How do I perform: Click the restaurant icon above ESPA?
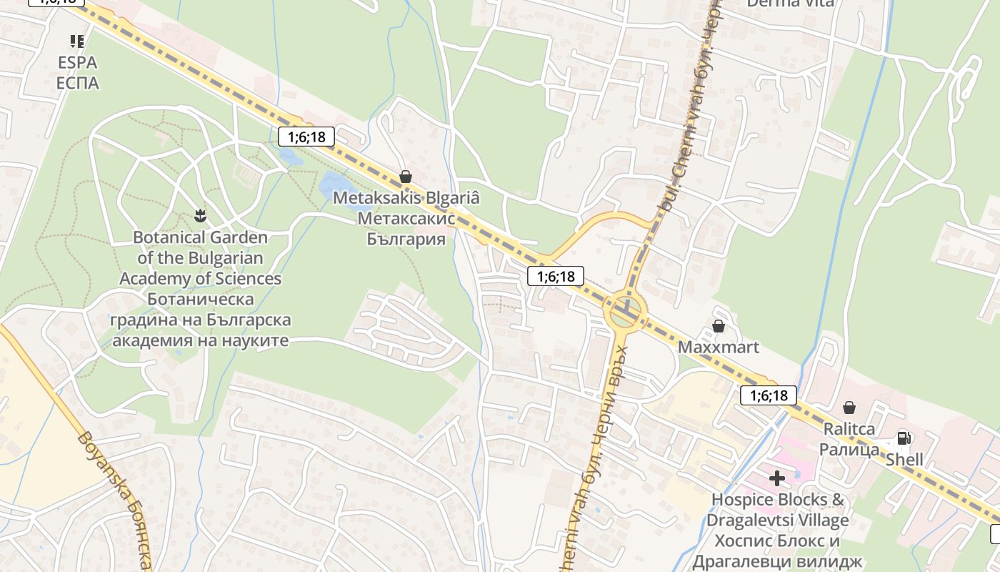coord(77,41)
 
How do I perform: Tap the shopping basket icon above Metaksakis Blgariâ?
coord(406,176)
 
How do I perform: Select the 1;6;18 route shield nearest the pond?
coord(306,136)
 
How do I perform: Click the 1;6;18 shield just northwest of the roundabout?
coord(555,276)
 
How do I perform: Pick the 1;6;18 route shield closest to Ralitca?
coord(768,395)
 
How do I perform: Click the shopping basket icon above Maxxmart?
coord(719,327)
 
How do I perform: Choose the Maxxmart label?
coord(718,347)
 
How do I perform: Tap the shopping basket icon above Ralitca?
coord(849,408)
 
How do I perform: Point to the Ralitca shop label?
coord(849,439)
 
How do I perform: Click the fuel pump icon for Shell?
coord(904,438)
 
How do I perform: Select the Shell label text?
coord(904,459)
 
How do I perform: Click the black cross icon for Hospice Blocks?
coord(777,478)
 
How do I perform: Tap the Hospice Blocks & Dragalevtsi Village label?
coord(778,530)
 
